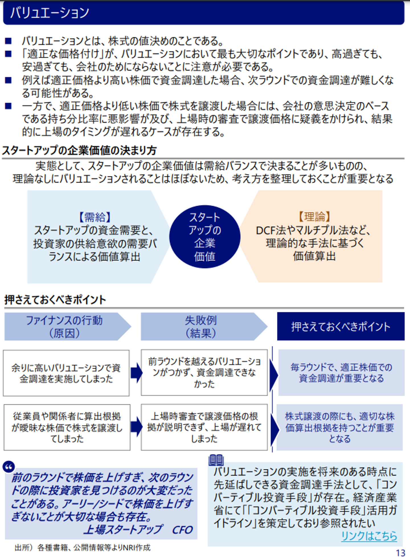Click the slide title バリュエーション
tap(50, 13)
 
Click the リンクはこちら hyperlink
tap(369, 536)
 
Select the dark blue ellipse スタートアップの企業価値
tap(204, 237)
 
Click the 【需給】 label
tap(95, 217)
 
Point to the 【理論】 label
tap(314, 217)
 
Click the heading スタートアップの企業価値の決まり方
tap(79, 150)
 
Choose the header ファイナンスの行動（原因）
tap(64, 327)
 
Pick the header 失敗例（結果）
tap(201, 327)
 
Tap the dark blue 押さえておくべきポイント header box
tap(341, 327)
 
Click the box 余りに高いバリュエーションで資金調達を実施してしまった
tap(66, 373)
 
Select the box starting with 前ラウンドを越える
tap(204, 373)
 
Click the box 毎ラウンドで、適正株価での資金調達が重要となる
tap(341, 373)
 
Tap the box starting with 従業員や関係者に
tap(67, 427)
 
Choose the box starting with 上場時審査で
tap(204, 427)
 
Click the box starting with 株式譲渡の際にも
tap(340, 427)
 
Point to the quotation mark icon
tap(9, 467)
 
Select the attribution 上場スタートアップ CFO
tap(138, 530)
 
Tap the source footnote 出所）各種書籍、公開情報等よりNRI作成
tap(83, 548)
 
